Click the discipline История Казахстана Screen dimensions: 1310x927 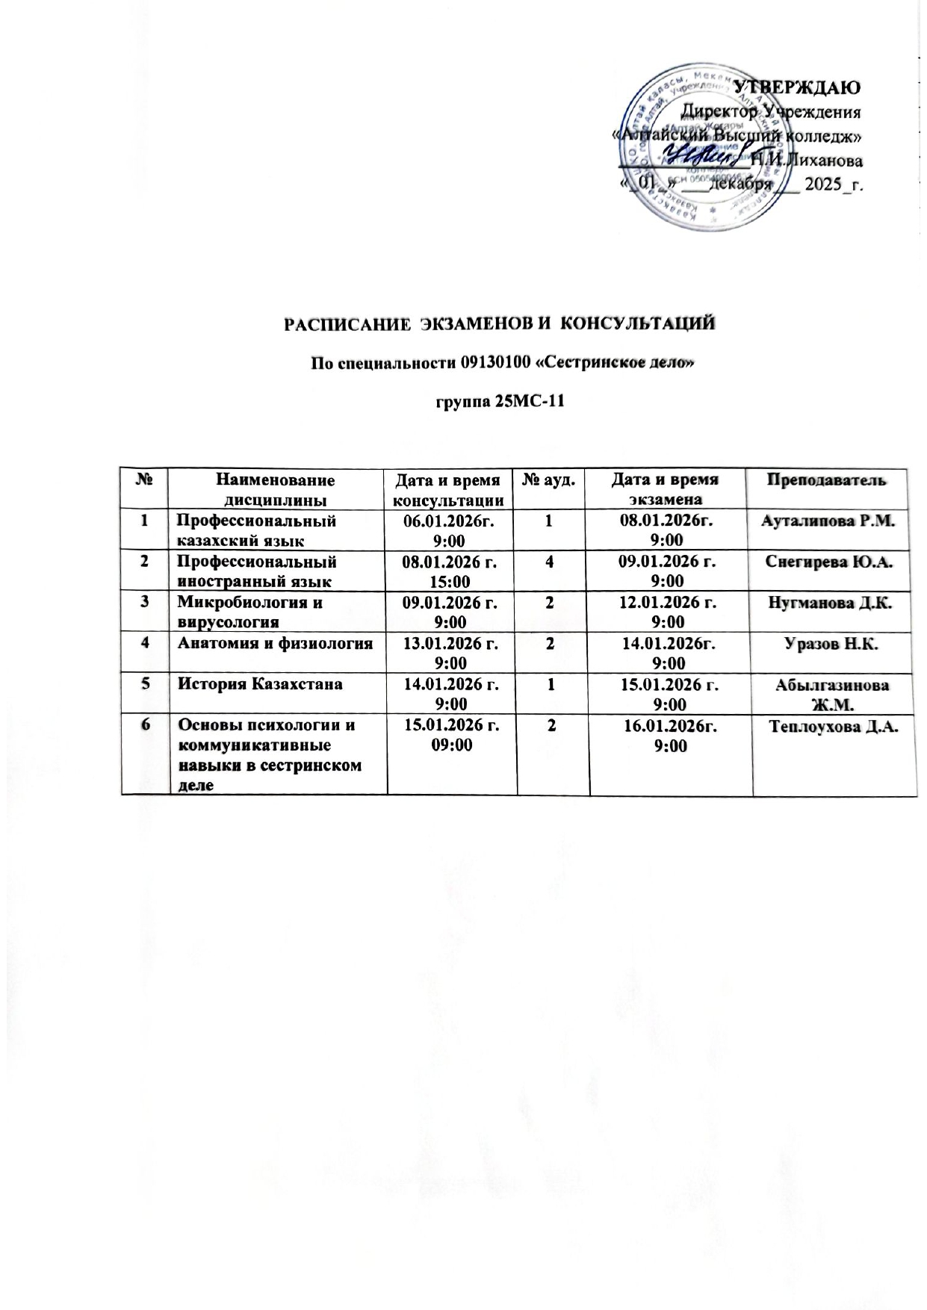(x=258, y=684)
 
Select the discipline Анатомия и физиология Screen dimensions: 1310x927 (x=273, y=643)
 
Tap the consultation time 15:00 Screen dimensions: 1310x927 (x=450, y=580)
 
